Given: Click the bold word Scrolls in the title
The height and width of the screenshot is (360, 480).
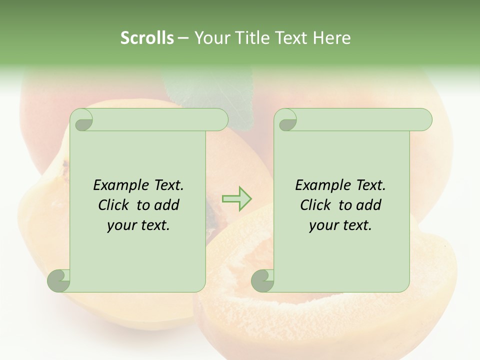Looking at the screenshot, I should coord(147,38).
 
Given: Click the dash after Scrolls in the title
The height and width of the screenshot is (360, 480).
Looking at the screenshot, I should coord(183,38).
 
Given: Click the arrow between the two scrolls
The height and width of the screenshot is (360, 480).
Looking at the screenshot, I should coord(236,198).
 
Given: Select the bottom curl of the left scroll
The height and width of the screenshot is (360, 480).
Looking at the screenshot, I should coord(59,280).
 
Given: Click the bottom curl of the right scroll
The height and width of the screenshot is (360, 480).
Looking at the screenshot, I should coord(262,280).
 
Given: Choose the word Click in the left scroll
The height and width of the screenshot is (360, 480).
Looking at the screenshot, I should coord(114,205).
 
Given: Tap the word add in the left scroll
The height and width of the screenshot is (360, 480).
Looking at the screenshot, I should coord(166,205).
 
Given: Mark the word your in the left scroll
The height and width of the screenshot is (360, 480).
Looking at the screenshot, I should coord(121,225).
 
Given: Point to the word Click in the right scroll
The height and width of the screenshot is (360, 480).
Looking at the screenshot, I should coord(316,205).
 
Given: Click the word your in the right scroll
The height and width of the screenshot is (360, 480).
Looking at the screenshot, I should coord(323,225).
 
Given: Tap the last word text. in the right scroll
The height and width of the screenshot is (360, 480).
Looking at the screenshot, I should coord(356,225).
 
